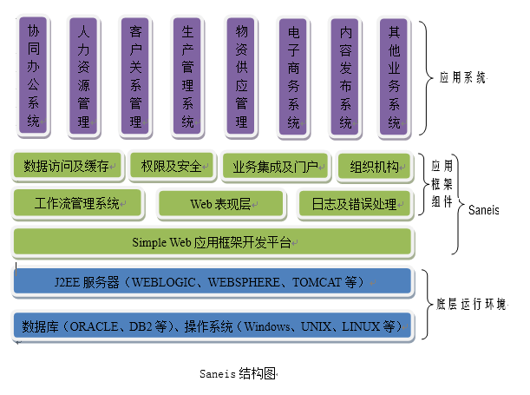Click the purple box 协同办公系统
(x=33, y=76)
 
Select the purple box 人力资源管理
(x=84, y=76)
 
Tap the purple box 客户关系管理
(x=136, y=76)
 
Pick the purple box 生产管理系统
(x=188, y=76)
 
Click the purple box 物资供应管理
(x=242, y=76)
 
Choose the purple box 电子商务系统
(x=294, y=76)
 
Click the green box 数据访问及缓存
(x=66, y=166)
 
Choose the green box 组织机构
(x=375, y=166)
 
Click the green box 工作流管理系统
(x=78, y=204)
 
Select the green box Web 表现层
(x=221, y=204)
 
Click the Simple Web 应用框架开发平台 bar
(x=212, y=242)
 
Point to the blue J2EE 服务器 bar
(x=212, y=282)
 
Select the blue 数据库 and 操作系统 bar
(x=212, y=326)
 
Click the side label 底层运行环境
(x=471, y=305)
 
